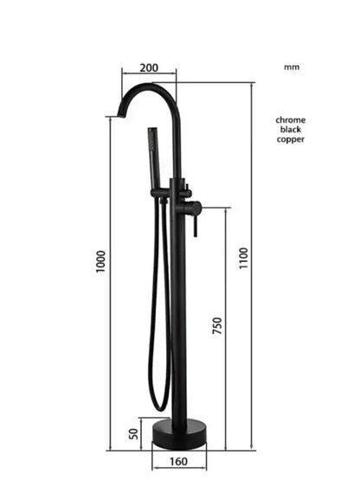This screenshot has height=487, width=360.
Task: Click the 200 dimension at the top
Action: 148,67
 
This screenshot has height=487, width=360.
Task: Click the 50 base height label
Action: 134,433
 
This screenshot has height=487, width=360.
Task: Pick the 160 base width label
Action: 178,462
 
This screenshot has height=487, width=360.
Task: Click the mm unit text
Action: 291,66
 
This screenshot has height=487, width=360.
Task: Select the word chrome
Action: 291,119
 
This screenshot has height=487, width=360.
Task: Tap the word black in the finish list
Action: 291,129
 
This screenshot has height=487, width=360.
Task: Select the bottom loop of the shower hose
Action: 159,405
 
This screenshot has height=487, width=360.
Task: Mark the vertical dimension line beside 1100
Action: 257,260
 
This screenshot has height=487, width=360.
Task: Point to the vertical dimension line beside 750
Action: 226,329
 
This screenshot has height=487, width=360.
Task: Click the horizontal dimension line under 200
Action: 148,76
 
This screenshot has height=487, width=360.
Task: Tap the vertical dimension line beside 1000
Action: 111,277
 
